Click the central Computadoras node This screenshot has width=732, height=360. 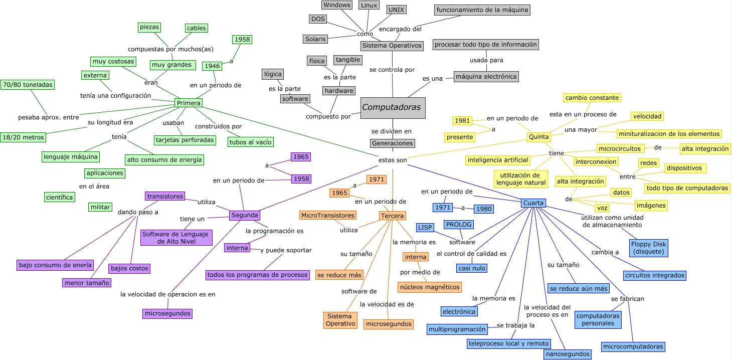click(393, 108)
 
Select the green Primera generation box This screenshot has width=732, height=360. click(189, 103)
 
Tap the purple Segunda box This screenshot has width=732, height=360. click(244, 215)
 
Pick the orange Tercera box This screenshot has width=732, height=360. click(392, 216)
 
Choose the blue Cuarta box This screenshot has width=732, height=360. click(533, 203)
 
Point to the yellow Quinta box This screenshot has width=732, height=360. click(539, 137)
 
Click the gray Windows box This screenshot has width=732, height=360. click(336, 5)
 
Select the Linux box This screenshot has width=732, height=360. click(369, 5)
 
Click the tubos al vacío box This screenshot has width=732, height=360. click(251, 142)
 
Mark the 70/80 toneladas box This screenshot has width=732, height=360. click(27, 85)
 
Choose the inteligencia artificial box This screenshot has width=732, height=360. click(498, 160)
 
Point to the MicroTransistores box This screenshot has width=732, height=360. click(328, 215)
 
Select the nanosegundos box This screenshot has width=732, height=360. click(567, 354)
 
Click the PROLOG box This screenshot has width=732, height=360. click(458, 225)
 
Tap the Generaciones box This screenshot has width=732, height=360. click(393, 143)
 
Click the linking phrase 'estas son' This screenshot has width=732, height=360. click(393, 160)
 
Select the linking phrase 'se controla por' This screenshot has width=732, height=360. click(392, 70)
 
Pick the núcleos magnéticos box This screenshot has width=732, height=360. click(429, 287)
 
